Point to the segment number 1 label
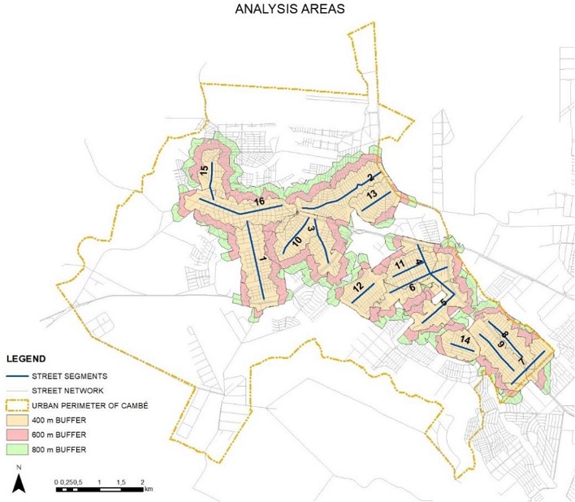point(263,259)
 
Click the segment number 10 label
point(297,243)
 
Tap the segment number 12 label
point(358,288)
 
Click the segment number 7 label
point(520,361)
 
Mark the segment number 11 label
point(400,266)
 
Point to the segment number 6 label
point(413,288)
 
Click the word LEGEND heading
point(25,358)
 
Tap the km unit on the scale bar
point(148,490)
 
